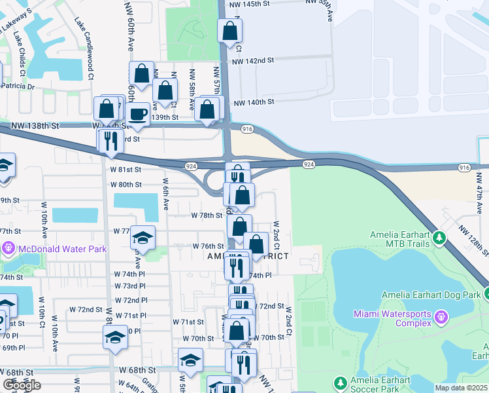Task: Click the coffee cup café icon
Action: tap(138, 114)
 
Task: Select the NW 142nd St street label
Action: tap(252, 60)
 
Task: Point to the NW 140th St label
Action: tap(253, 102)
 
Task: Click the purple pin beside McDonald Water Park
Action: tap(8, 248)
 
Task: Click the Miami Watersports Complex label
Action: tap(392, 319)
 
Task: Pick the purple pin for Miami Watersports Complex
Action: tap(442, 318)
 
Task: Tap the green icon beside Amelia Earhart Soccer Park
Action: tap(339, 383)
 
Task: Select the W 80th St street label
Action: tap(126, 185)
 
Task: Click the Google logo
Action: tap(22, 385)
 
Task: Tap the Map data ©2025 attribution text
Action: tap(462, 388)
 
